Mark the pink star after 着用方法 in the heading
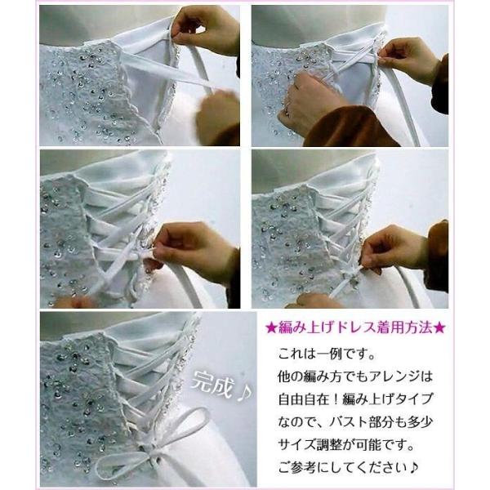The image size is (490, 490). point(440,327)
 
